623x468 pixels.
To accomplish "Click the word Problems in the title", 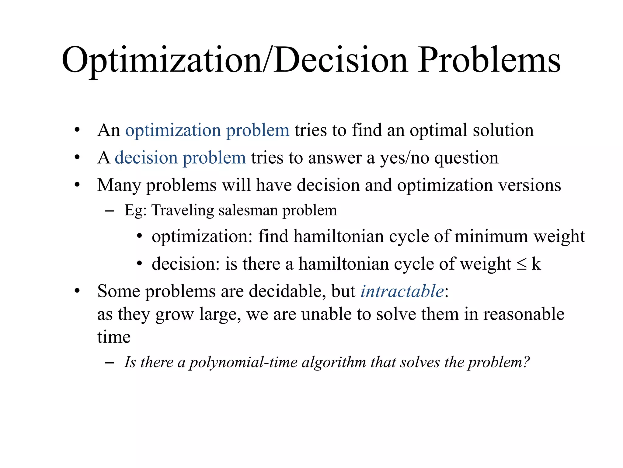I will tap(489, 60).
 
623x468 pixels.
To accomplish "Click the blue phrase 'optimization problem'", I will tap(207, 130).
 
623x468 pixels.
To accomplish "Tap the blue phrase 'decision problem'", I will tap(180, 158).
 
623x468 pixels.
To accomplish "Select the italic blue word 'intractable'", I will tap(402, 291).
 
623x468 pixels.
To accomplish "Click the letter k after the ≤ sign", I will tap(536, 264).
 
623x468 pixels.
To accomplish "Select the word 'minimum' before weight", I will tap(491, 236).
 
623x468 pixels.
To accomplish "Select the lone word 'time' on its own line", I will tap(114, 337).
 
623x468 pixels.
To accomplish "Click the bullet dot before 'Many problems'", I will tap(77, 185).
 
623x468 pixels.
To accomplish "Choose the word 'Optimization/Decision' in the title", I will tap(234, 60).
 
